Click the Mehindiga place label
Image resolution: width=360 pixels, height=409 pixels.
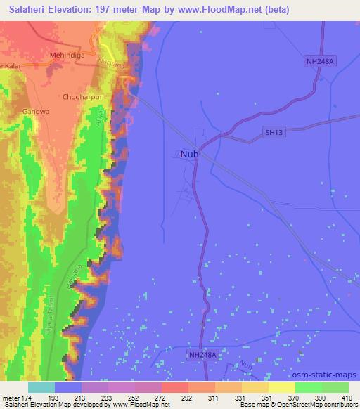(67, 54)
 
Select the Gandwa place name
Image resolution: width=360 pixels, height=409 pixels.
(35, 110)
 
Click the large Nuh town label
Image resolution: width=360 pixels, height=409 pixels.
(189, 154)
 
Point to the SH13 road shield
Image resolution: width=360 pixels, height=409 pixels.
(274, 131)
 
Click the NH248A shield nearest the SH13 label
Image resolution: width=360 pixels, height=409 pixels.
(321, 63)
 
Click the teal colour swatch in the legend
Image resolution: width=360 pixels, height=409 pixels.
(41, 387)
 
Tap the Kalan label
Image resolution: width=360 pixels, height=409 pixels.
(13, 66)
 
